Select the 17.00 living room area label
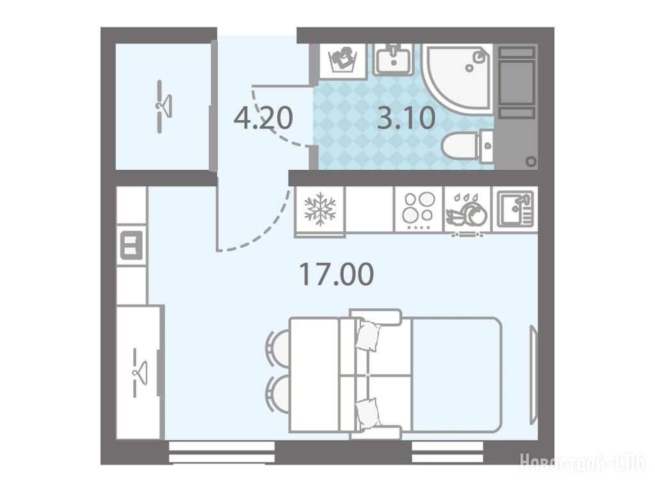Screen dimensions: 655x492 click(x=337, y=274)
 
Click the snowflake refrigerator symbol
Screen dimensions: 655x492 click(x=320, y=209)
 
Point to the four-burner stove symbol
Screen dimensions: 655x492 click(x=418, y=209)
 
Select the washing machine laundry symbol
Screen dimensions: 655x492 click(x=343, y=60)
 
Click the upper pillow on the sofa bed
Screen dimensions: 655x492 click(x=368, y=335)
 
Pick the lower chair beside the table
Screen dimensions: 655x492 click(x=277, y=393)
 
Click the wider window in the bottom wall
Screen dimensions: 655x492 click(x=222, y=452)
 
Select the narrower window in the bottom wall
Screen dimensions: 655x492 click(x=448, y=452)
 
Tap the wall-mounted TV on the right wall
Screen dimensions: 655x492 click(x=533, y=375)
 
